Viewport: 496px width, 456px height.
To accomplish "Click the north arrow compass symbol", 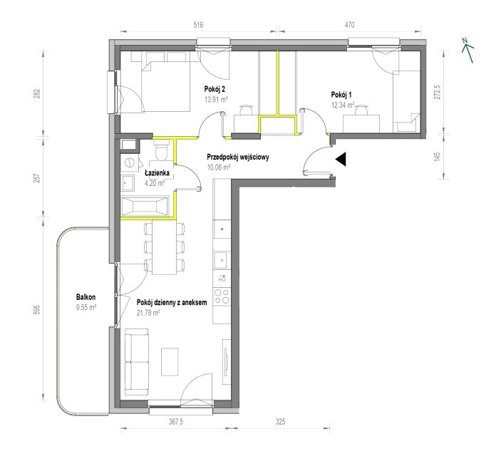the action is point(467,51).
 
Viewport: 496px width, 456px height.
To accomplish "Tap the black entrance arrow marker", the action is point(341,160).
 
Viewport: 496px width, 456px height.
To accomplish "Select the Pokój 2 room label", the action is point(215,90).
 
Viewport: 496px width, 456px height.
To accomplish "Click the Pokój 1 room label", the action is point(341,95).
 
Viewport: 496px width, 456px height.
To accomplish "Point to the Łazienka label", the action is point(157,173).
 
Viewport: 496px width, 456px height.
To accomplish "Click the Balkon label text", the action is point(86,297).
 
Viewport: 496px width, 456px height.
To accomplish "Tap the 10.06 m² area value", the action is point(219,167).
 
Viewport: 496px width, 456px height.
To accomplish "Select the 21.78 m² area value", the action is point(148,313).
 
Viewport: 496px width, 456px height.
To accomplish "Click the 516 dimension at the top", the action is point(198,25).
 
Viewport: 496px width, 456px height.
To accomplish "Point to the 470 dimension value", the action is point(349,25).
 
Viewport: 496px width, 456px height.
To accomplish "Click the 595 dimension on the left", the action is point(37,309).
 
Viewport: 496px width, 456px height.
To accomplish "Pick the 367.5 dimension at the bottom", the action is point(177,422).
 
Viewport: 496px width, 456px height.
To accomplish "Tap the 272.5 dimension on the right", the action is point(437,92).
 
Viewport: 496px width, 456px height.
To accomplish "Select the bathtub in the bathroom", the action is point(145,207).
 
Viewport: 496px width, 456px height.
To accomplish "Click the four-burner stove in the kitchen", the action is point(222,296).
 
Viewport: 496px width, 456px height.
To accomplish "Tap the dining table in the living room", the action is point(165,247).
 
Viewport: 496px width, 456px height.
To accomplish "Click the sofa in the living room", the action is point(137,362).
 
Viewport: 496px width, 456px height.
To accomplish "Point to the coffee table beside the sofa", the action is point(170,362).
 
